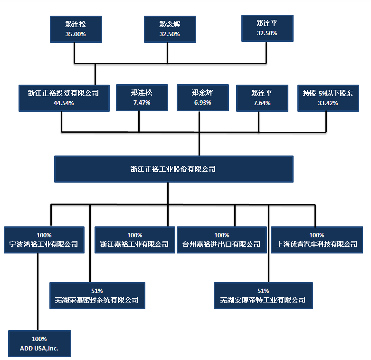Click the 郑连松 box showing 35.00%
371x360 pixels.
pos(76,29)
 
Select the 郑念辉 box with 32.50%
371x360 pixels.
pos(170,29)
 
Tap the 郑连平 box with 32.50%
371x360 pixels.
pos(267,28)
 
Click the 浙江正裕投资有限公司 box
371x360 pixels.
pos(64,98)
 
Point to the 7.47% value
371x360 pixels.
pos(142,103)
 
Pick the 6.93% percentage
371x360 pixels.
pos(202,103)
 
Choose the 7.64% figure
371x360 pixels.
pos(262,103)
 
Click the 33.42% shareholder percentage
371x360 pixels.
pos(328,103)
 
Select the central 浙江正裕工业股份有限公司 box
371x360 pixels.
pos(174,169)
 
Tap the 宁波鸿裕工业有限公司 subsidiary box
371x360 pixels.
pos(44,240)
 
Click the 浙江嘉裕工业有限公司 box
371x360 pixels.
pos(135,240)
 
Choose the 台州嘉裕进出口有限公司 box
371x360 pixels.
pos(222,240)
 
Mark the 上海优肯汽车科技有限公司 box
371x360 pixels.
pos(317,240)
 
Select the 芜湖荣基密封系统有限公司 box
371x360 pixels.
pos(97,296)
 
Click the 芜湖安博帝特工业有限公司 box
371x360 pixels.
pos(263,296)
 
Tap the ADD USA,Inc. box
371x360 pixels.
pos(39,343)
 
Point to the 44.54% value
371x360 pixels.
pos(64,103)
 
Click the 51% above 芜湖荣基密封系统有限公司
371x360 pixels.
pos(97,291)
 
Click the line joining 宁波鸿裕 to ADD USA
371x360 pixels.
pos(38,292)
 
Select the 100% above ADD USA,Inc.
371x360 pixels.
pos(39,339)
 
